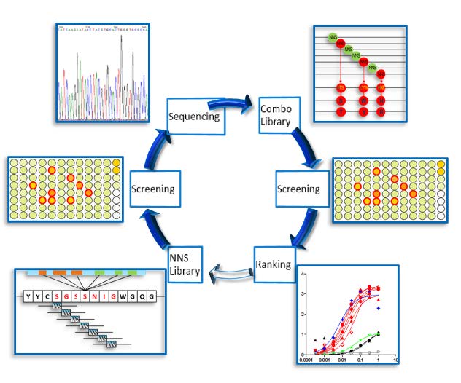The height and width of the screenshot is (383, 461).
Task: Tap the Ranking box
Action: pos(273,264)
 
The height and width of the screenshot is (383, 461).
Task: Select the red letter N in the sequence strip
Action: pos(96,296)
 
